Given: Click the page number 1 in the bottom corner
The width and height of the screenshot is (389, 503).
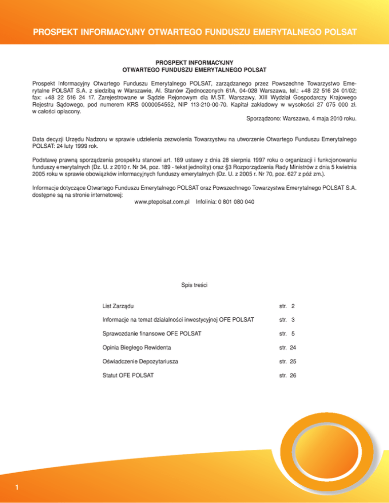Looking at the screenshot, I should click(x=17, y=488).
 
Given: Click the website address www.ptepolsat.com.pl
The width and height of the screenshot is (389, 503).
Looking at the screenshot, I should click(x=162, y=202).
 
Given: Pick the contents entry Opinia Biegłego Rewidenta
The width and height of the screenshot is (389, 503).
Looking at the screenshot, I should click(x=136, y=348).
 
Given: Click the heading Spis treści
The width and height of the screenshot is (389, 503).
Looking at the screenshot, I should click(x=194, y=285).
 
